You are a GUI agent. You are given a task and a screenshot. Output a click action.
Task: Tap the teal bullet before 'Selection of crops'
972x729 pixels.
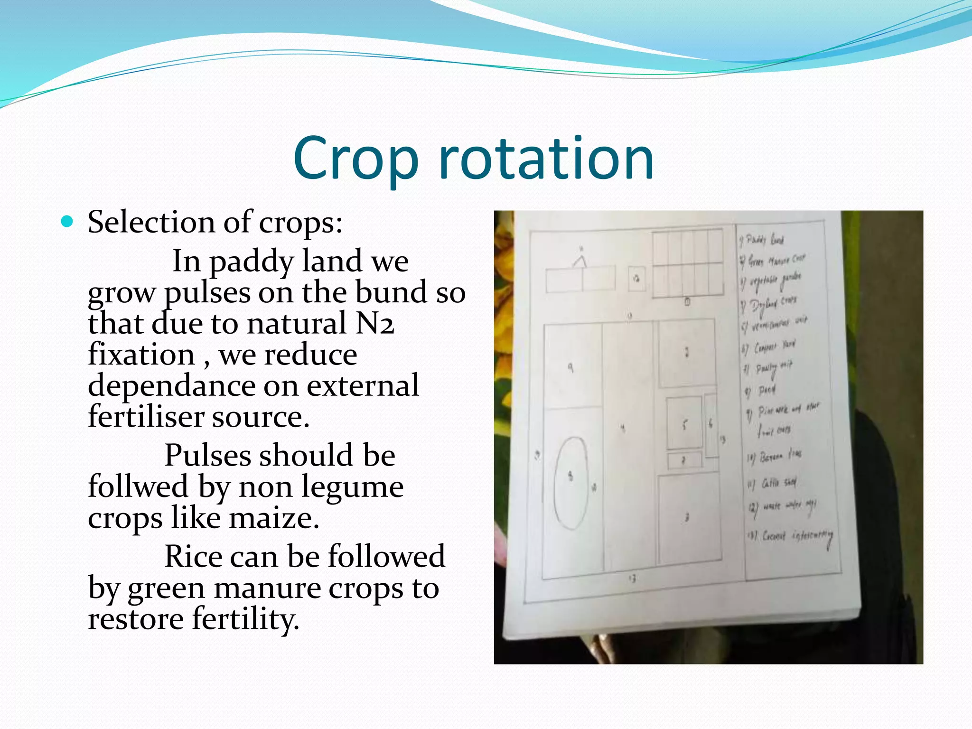[x=68, y=222]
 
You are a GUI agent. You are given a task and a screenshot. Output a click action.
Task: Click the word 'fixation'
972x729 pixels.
[x=141, y=355]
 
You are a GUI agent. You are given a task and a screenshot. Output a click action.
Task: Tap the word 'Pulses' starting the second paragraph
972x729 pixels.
[x=211, y=455]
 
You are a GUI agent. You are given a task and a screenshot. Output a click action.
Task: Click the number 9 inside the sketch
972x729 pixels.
[x=570, y=367]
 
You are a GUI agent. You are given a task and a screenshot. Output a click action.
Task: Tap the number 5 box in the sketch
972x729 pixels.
[x=684, y=424]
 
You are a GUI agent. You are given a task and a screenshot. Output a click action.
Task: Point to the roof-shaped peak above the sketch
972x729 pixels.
[x=579, y=261]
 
